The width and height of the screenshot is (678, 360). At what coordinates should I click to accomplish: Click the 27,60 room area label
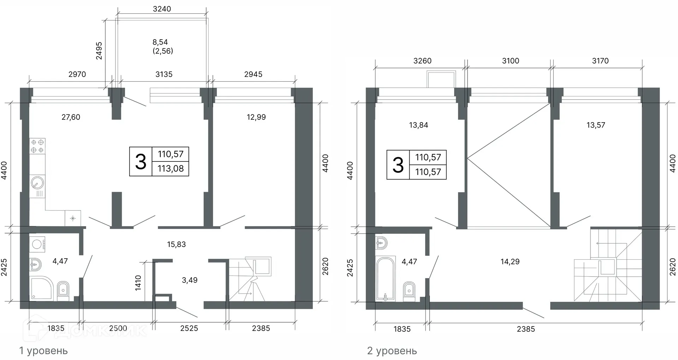tap(71, 117)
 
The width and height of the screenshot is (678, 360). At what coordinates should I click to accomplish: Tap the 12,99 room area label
tap(256, 117)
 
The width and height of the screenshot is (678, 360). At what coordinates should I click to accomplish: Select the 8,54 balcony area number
tap(160, 42)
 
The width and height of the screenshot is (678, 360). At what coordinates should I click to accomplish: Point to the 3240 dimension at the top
tap(162, 9)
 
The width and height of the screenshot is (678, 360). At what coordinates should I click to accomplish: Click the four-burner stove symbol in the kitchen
tap(37, 146)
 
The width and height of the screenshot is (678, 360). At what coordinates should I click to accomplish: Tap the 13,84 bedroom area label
tap(418, 125)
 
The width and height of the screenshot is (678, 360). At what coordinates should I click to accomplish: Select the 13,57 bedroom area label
tap(596, 125)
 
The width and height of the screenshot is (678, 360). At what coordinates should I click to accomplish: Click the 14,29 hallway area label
tap(510, 262)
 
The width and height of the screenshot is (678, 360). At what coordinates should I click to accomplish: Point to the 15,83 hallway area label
tap(176, 244)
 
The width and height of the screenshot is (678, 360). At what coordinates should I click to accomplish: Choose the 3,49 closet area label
tap(190, 280)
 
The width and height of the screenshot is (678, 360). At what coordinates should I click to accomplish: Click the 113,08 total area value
tap(171, 169)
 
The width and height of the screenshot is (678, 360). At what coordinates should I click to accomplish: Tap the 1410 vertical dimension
tap(138, 283)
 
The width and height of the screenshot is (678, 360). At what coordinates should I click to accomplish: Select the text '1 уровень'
tap(43, 351)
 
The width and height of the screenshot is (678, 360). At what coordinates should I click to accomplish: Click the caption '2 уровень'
tap(392, 351)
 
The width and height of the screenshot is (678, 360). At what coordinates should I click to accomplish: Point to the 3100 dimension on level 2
tap(511, 61)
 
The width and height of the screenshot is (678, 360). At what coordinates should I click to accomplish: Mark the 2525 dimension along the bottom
tap(189, 328)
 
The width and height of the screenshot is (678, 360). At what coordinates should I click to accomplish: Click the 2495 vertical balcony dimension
tap(99, 51)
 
